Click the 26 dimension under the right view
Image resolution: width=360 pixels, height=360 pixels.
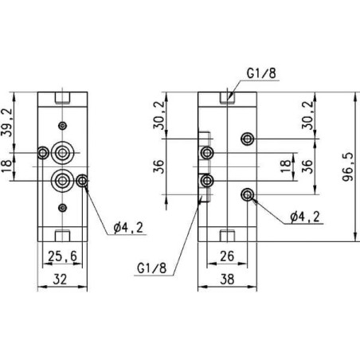click(225, 256)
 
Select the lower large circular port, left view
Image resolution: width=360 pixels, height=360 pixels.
click(61, 179)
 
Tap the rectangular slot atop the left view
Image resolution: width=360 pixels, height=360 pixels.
click(61, 101)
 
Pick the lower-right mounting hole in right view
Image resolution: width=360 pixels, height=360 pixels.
click(249, 194)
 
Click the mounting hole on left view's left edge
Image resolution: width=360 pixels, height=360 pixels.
click(43, 152)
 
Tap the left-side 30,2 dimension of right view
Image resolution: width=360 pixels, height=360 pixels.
click(160, 115)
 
